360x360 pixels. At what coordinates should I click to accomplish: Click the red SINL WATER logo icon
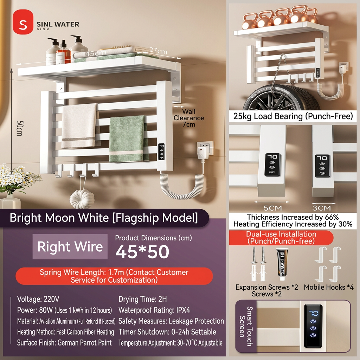coord(23,22)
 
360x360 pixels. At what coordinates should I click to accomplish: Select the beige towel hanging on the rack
coord(79,126)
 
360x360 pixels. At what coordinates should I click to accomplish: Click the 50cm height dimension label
coord(19,128)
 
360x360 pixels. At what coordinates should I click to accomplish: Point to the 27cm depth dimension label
coord(158,50)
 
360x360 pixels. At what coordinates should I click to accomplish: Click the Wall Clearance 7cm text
coord(188,118)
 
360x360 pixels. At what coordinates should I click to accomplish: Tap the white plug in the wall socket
coord(202,153)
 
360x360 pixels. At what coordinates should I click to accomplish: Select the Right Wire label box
coord(70,246)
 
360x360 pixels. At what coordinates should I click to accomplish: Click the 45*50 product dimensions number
coord(142,252)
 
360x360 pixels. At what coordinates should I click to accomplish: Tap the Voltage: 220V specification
coord(38,299)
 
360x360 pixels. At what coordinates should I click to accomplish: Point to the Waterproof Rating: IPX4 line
coord(154,310)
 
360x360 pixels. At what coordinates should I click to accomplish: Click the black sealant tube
coord(282,264)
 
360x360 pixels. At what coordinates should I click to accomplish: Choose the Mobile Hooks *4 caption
coord(329,287)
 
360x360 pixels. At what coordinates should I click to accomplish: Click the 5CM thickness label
coord(272,208)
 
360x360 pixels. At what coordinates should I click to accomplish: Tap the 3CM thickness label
coord(321,208)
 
